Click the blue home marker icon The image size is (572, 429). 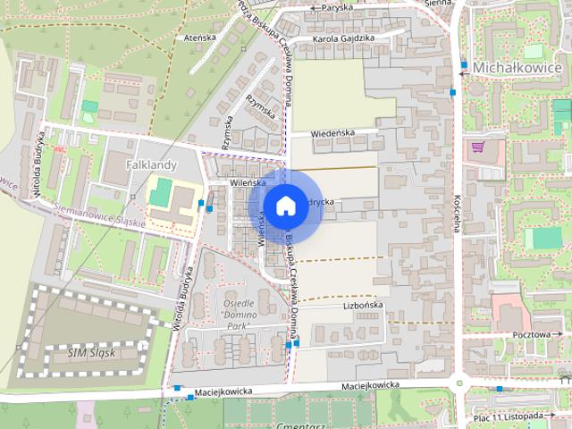pyautogui.click(x=284, y=206)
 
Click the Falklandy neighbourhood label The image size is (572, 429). pyautogui.click(x=151, y=165)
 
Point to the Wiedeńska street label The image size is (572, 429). pyautogui.click(x=332, y=133)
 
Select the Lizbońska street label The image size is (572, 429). pyautogui.click(x=363, y=305)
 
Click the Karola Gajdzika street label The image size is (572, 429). pyautogui.click(x=344, y=38)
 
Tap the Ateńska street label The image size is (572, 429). pyautogui.click(x=200, y=38)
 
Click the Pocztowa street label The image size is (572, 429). pyautogui.click(x=531, y=333)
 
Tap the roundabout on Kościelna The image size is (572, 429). pyautogui.click(x=460, y=383)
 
